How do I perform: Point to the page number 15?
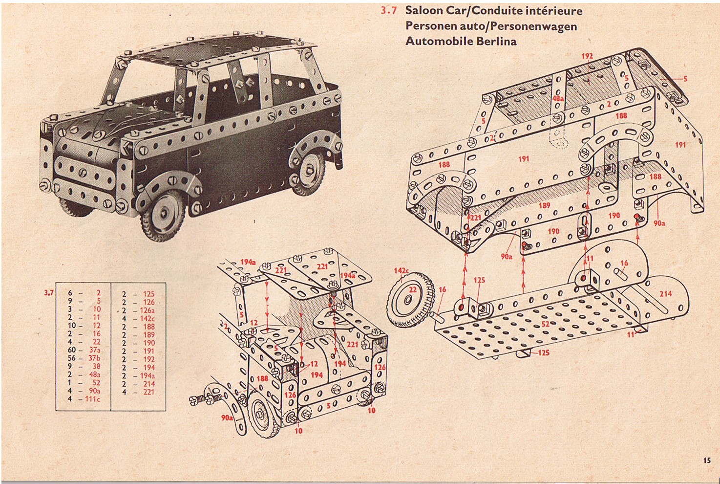(707, 460)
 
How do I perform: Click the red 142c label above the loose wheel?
(402, 271)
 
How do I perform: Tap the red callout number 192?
(587, 56)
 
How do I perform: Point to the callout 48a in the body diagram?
(558, 98)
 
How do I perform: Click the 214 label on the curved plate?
(665, 294)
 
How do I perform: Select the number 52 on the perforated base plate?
(546, 324)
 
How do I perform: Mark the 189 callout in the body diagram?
(544, 206)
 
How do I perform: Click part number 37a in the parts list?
(94, 350)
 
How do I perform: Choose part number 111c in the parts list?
(92, 399)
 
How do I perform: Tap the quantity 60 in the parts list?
(72, 350)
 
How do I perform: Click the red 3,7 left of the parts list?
(48, 293)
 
